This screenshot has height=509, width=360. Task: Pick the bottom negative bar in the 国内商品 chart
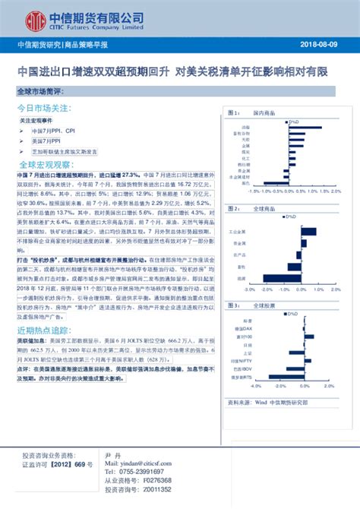click(271, 182)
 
